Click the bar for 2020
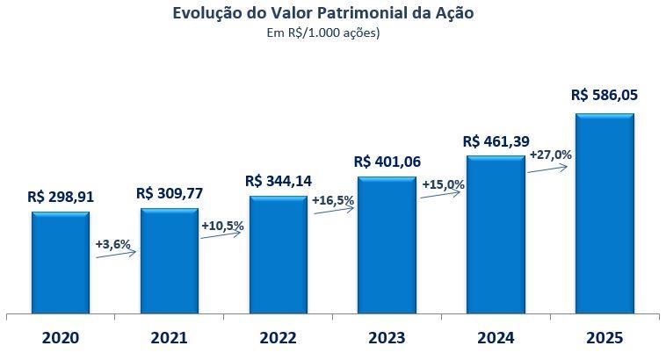point(60,262)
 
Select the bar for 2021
point(169,260)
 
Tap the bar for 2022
point(278,254)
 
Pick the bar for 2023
point(387,244)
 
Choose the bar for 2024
point(496,234)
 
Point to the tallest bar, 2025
point(604,212)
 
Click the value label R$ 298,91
point(62,198)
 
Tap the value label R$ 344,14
point(279,181)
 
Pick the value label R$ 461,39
point(496,140)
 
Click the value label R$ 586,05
point(604,95)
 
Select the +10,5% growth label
point(222,226)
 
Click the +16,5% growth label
point(332,200)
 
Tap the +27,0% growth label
point(550,155)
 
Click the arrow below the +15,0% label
point(442,196)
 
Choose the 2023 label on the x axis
point(387,337)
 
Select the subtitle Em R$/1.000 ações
point(333,33)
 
